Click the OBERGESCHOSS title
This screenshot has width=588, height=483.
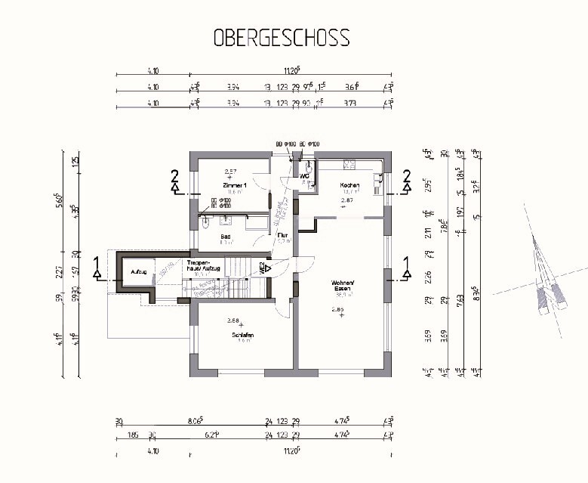[x=282, y=37]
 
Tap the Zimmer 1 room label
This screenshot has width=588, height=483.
[x=235, y=185]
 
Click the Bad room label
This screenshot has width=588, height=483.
[x=225, y=236]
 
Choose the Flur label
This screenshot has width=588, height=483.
[x=282, y=236]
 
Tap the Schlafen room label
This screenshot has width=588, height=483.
[x=241, y=334]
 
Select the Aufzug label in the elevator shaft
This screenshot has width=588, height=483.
[x=138, y=271]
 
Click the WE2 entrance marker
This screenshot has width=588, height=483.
[x=264, y=268]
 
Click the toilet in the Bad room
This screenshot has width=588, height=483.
[x=205, y=221]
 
